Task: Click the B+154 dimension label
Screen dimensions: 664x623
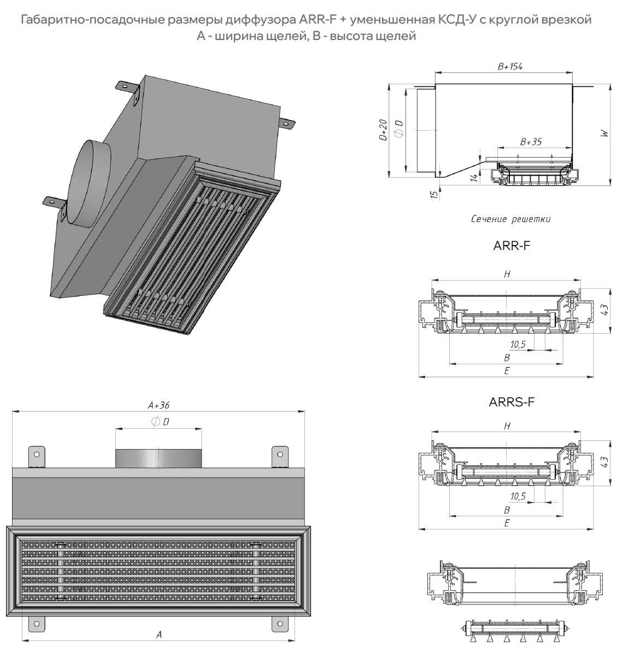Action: (510, 67)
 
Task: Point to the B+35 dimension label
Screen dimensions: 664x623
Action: (531, 142)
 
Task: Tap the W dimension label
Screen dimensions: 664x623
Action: (604, 133)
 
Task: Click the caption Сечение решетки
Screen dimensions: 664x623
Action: (510, 219)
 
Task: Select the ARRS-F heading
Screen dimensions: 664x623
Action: (512, 403)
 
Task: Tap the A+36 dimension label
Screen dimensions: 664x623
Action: (158, 406)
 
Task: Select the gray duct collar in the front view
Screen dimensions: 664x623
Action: (158, 458)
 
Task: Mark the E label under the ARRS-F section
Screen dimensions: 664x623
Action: (507, 523)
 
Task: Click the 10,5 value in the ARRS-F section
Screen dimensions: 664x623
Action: (518, 497)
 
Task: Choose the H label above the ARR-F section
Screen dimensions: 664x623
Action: (507, 275)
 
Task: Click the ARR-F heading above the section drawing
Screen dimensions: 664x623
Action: (512, 246)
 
